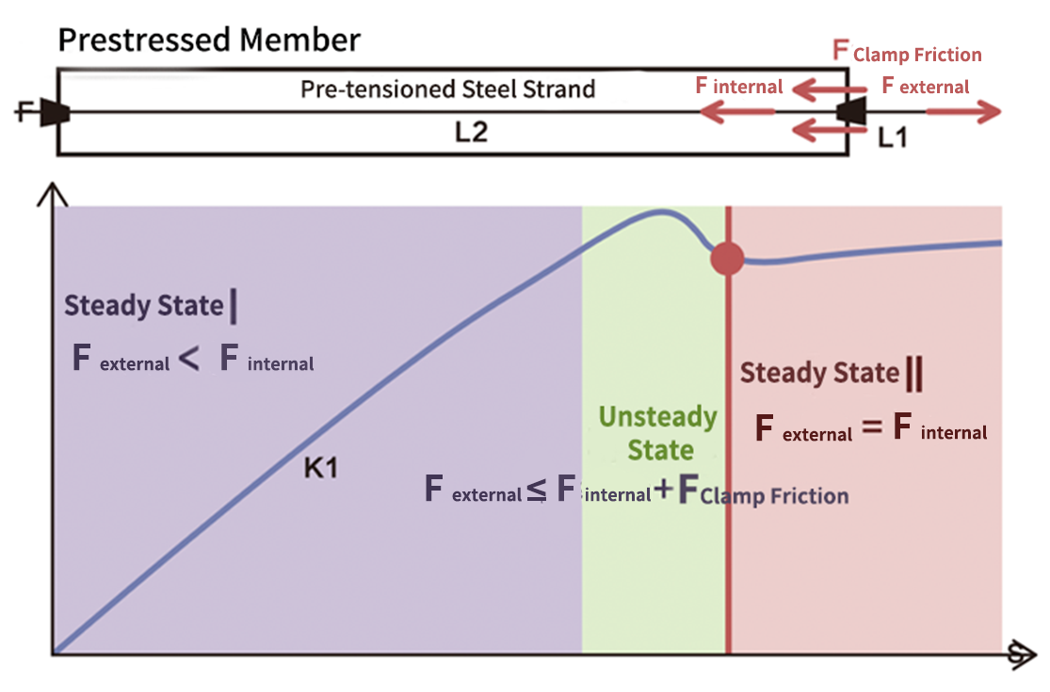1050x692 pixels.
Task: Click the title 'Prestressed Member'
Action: [x=208, y=40]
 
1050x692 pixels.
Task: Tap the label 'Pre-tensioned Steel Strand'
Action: [x=447, y=89]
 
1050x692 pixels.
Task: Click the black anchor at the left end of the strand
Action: [x=55, y=113]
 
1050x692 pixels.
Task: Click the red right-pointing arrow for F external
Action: [x=964, y=113]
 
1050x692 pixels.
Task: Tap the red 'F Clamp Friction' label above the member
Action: [x=908, y=53]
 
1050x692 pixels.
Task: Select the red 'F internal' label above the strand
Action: [x=739, y=87]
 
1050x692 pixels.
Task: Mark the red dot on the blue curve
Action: [x=727, y=257]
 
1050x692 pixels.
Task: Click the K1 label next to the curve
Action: [x=321, y=468]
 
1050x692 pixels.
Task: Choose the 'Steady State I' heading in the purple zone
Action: [x=150, y=306]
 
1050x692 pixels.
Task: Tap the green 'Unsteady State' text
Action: [x=658, y=433]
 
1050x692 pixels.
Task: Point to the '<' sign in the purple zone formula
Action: [x=188, y=360]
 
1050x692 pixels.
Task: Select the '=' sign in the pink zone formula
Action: [x=872, y=429]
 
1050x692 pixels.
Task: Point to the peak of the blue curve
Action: [x=662, y=213]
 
